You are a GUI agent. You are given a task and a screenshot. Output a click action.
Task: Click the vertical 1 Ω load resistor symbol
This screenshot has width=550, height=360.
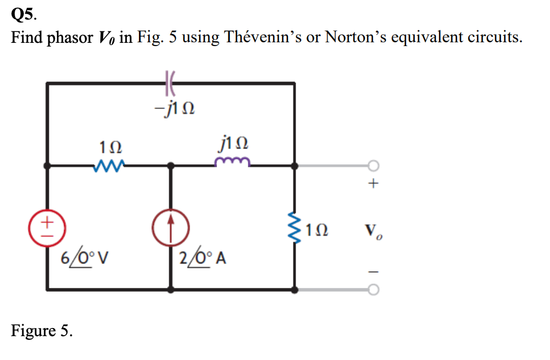coord(296,228)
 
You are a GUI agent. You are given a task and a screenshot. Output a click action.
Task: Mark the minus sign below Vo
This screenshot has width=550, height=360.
coord(372,271)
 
